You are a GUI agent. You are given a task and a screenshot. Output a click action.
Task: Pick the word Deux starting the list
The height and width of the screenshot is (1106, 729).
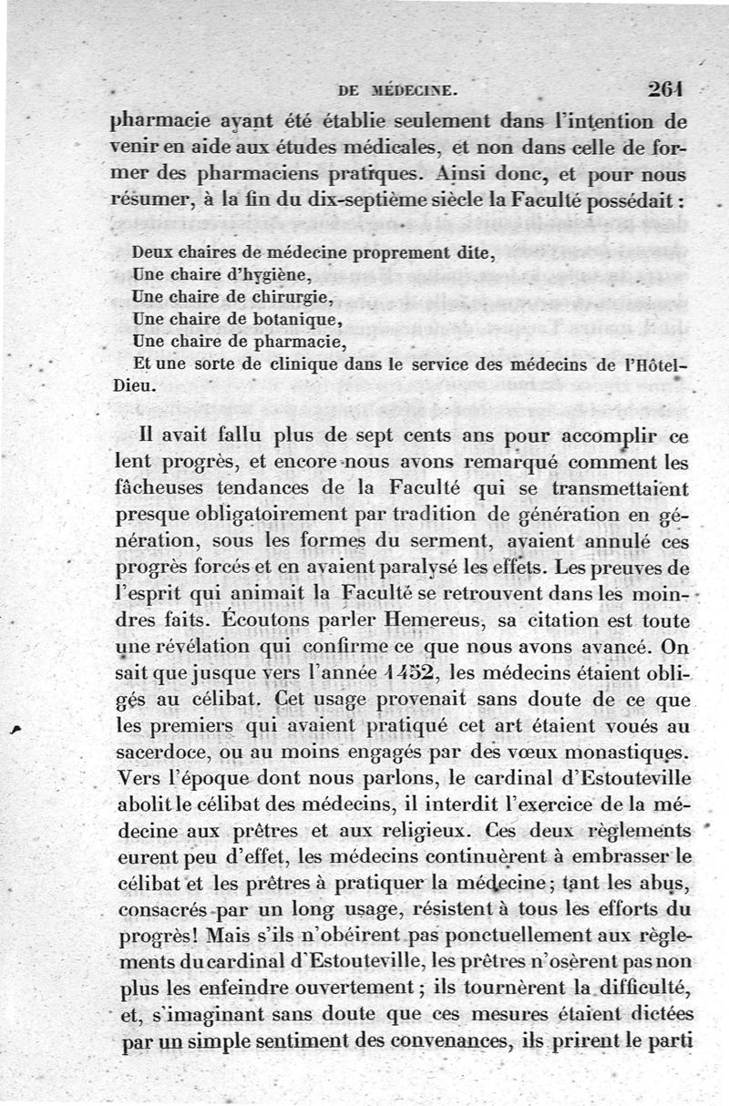pyautogui.click(x=150, y=253)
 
